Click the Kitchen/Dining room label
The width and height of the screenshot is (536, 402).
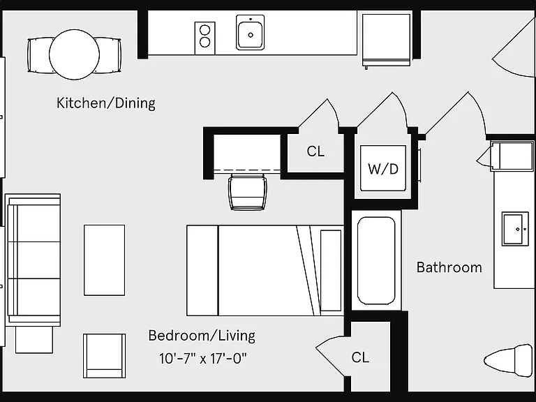coord(106,103)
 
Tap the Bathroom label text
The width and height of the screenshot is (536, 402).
coord(449,267)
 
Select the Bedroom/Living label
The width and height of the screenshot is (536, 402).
coord(202,336)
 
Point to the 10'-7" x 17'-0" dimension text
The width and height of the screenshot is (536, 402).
coord(202,359)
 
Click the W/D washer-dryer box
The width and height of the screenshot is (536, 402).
coord(383,168)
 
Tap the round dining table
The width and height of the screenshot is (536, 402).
coord(74,54)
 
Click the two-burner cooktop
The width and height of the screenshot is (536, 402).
coord(204,38)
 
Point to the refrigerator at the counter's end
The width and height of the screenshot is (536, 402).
coord(386,40)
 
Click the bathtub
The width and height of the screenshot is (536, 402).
coord(376,260)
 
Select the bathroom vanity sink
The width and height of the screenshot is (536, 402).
coord(512,229)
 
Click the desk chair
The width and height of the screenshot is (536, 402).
coord(248,191)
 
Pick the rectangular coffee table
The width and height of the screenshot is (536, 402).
coord(104,260)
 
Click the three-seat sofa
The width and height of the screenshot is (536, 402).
coord(33,260)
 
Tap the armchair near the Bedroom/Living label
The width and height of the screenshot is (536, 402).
coord(104,356)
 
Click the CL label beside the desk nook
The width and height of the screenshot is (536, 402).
coord(315,151)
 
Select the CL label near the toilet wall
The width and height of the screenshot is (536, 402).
coord(360,357)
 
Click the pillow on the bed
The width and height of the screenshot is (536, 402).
coord(331,271)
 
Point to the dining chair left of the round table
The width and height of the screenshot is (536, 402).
coord(38,55)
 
